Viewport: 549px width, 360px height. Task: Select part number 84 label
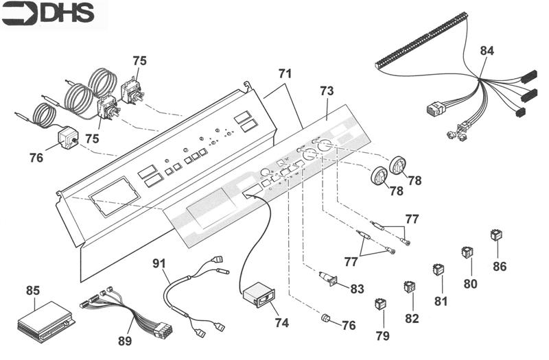(x=487, y=51)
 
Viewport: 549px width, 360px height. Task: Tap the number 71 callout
(x=285, y=73)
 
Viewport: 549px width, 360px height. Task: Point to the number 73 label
(x=327, y=91)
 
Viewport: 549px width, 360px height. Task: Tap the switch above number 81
(x=438, y=269)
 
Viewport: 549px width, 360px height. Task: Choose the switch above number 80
(x=467, y=252)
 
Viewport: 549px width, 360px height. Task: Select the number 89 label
(x=126, y=341)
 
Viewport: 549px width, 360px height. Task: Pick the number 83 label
(x=356, y=289)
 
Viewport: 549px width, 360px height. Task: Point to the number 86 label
(x=499, y=266)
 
